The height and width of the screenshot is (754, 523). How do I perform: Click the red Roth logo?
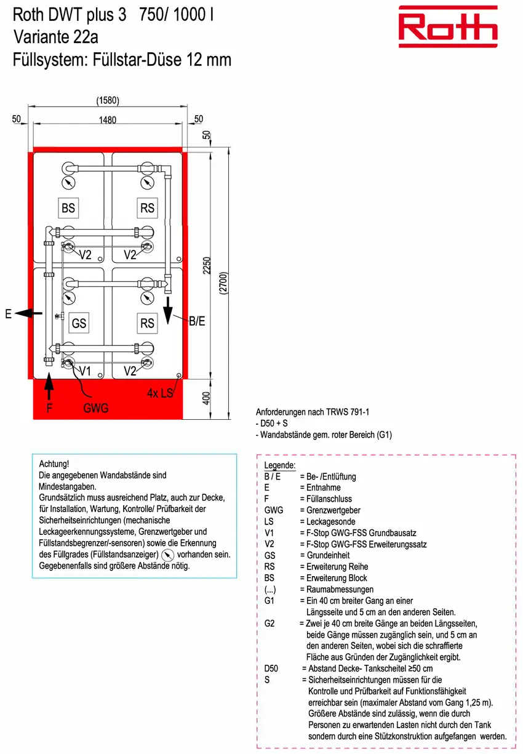click(447, 26)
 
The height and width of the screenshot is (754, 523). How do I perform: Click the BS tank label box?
click(68, 207)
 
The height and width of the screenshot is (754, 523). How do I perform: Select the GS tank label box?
click(79, 323)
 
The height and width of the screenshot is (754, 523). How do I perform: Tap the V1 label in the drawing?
click(85, 371)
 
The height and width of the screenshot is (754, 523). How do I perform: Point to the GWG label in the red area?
click(96, 408)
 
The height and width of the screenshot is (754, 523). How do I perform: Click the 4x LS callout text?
click(160, 393)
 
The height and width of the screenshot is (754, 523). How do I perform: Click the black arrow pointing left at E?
click(28, 313)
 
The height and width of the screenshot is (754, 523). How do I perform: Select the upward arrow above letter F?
click(49, 386)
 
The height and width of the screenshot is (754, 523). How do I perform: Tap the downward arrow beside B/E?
click(168, 310)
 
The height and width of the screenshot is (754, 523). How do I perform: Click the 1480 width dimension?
click(107, 120)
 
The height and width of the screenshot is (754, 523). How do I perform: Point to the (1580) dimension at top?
click(108, 100)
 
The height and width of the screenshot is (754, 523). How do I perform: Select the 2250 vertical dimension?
click(207, 265)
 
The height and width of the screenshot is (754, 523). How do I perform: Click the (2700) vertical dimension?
click(223, 283)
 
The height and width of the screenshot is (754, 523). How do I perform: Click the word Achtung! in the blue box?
click(54, 464)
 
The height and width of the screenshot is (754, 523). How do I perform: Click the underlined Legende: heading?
click(280, 465)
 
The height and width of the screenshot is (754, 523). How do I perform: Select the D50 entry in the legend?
click(271, 668)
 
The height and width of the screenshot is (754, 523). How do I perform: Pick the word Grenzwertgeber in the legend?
click(333, 510)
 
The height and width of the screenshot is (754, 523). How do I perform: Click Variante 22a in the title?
click(56, 37)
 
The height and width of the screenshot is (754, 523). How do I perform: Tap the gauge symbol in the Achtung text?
click(167, 555)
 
